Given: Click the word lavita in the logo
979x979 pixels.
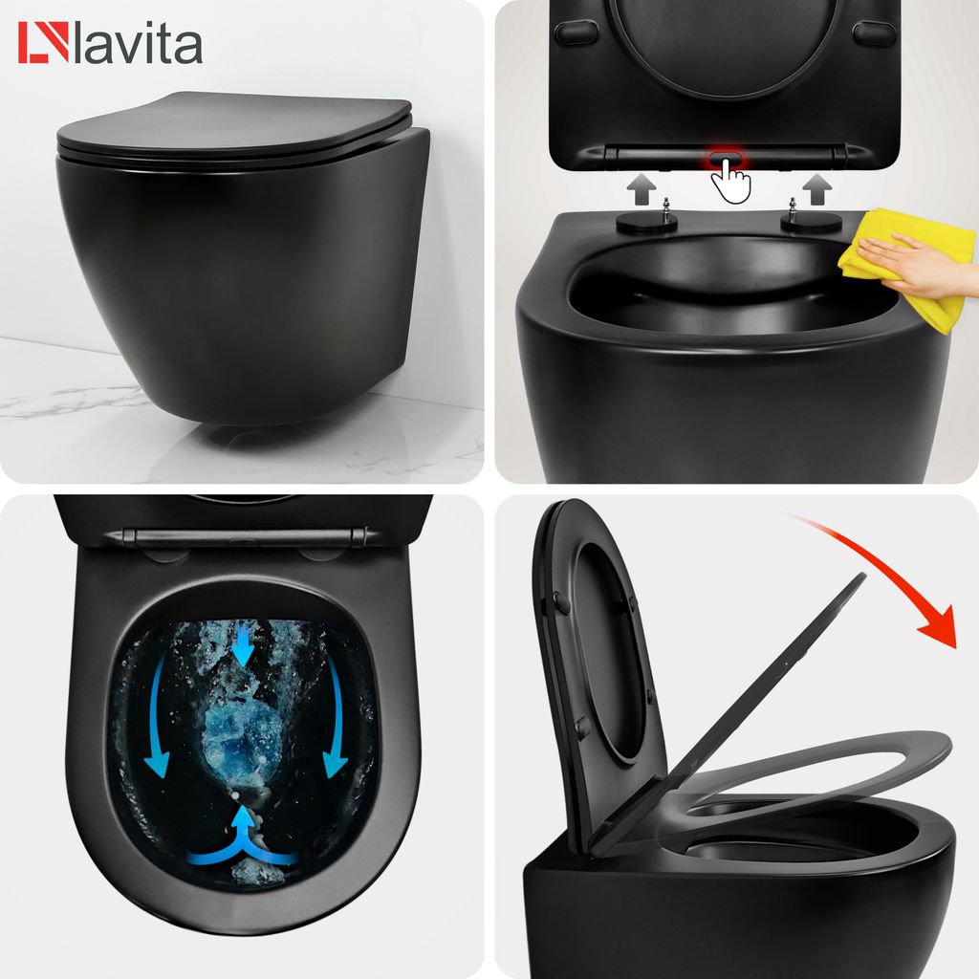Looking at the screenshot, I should [x=141, y=45].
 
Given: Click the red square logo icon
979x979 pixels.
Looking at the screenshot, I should [x=43, y=43].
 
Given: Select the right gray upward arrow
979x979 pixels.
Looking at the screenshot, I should [x=816, y=188].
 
